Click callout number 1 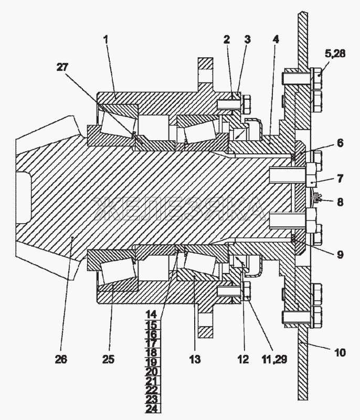[106, 39]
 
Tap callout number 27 [62, 67]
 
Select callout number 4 [276, 39]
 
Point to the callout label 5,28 [335, 54]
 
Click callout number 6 [340, 143]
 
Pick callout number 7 [340, 178]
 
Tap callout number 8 [340, 202]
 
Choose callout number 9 [340, 254]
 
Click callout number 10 [340, 352]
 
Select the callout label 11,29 [274, 359]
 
